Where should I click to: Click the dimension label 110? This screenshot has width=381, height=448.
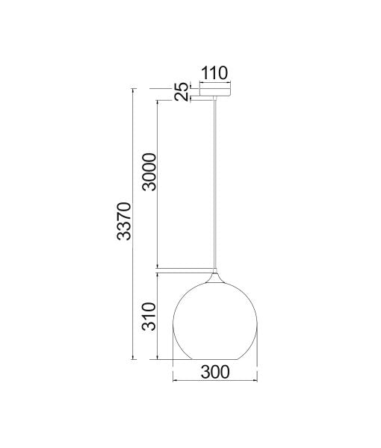coord(214,73)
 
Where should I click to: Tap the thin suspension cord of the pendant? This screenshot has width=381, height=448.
coord(214,187)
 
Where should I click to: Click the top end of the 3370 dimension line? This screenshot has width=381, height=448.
coord(133,88)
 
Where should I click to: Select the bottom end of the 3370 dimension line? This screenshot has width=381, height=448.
coord(133,360)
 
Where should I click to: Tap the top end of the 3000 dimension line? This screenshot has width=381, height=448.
coord(158,99)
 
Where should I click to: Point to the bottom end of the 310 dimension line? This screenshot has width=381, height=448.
coord(158,360)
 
